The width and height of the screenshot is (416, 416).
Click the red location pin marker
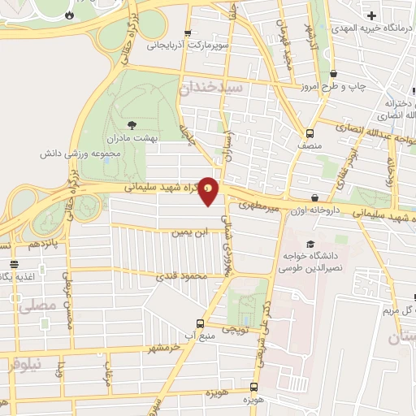[x=210, y=190]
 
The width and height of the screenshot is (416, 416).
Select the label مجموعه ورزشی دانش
[x=75, y=153]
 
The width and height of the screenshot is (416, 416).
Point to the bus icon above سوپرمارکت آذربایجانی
[x=188, y=33]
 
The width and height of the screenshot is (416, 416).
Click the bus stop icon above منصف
[x=310, y=133]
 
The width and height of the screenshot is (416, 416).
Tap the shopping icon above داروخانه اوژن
[x=314, y=197]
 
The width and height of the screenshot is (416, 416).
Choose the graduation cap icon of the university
[x=310, y=244]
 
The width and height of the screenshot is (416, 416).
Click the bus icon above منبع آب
[x=200, y=323]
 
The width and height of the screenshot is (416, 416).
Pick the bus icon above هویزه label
[x=254, y=387]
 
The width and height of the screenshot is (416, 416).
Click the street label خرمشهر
[x=162, y=348]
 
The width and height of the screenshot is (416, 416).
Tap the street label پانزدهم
[x=44, y=244]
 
